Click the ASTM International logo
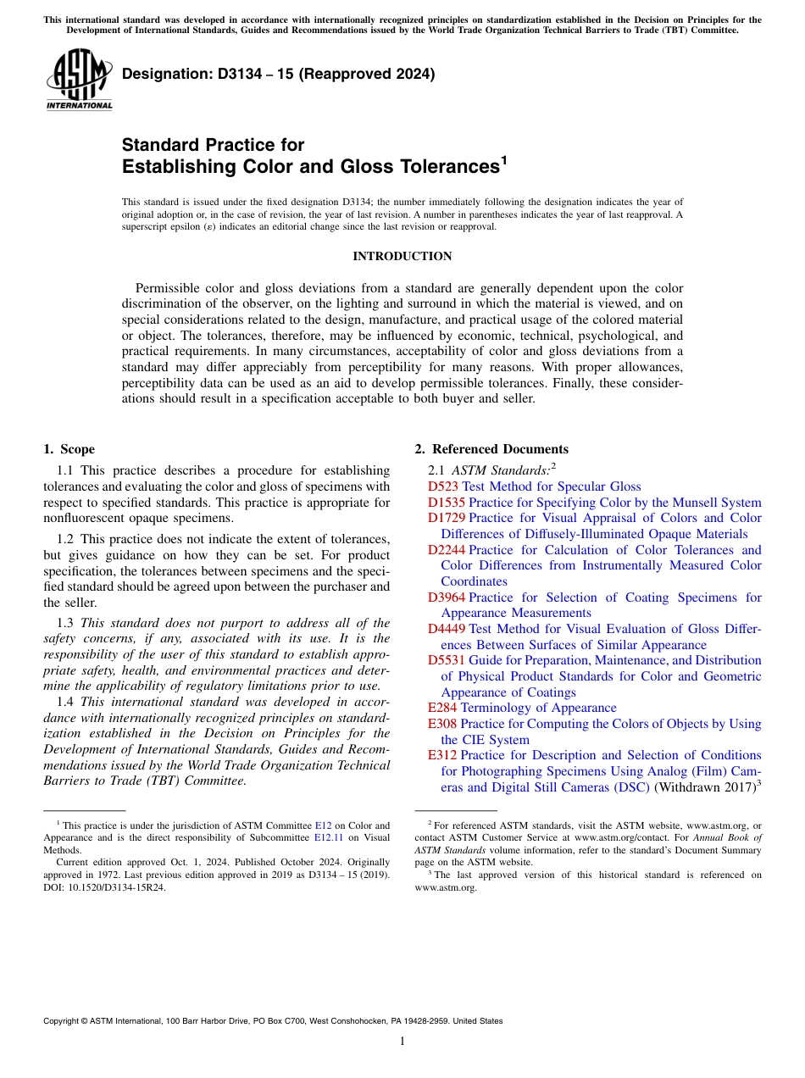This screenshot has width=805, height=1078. pyautogui.click(x=80, y=80)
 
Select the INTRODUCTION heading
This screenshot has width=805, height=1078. pyautogui.click(x=402, y=256)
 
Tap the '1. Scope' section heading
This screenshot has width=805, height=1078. pyautogui.click(x=69, y=449)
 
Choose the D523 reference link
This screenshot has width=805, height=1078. pyautogui.click(x=442, y=486)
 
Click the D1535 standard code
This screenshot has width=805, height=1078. pyautogui.click(x=446, y=503)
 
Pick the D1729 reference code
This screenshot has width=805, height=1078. pyautogui.click(x=446, y=518)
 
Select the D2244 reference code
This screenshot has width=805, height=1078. pyautogui.click(x=446, y=550)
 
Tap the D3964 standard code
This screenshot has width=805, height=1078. pyautogui.click(x=446, y=597)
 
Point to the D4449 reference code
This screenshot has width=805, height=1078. pyautogui.click(x=446, y=629)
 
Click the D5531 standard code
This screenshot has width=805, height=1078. pyautogui.click(x=446, y=660)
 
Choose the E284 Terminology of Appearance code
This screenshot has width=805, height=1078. pyautogui.click(x=442, y=708)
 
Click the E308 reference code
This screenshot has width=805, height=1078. pyautogui.click(x=442, y=724)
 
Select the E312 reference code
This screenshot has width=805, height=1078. pyautogui.click(x=442, y=755)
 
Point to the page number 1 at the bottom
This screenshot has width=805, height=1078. pyautogui.click(x=402, y=1042)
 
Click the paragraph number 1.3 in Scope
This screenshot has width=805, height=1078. pyautogui.click(x=67, y=623)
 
